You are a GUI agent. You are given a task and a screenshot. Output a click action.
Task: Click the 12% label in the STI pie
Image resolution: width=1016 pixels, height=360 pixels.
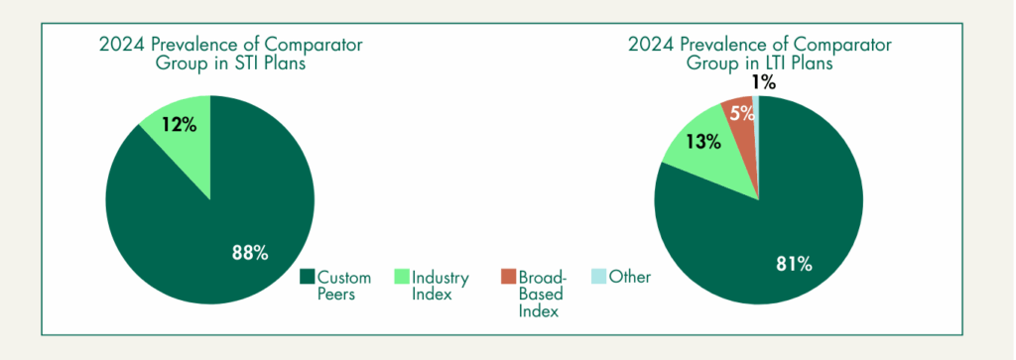click(x=180, y=124)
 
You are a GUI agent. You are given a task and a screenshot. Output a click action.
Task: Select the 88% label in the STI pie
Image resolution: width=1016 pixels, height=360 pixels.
click(x=250, y=253)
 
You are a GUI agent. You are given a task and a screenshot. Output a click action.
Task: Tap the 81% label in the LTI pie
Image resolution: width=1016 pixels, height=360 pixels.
click(x=794, y=264)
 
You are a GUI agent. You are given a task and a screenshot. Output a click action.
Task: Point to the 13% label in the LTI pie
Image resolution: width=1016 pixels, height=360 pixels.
click(x=704, y=141)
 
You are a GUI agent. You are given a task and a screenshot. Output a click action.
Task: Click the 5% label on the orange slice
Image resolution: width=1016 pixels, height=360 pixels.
click(x=743, y=113)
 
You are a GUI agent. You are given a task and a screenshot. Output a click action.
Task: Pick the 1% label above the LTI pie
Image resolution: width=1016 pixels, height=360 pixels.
click(x=764, y=82)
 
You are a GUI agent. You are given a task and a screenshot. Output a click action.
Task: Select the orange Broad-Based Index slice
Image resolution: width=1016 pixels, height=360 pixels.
click(x=740, y=130)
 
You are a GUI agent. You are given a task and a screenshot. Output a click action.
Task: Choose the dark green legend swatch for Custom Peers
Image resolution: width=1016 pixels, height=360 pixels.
click(x=308, y=277)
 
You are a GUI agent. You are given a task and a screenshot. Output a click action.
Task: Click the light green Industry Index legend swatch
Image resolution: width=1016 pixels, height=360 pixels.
click(x=402, y=277)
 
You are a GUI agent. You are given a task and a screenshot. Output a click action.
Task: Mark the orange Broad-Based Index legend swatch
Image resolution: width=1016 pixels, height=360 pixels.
click(x=509, y=277)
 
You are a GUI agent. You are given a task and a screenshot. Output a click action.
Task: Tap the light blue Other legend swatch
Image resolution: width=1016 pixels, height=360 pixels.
click(x=598, y=277)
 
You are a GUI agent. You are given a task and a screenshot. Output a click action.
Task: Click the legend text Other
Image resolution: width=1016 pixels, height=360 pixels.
click(x=630, y=277)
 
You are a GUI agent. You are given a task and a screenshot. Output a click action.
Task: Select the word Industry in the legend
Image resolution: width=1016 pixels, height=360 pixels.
click(x=441, y=279)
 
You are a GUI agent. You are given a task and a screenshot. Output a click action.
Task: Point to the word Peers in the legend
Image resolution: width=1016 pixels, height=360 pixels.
click(x=336, y=295)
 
